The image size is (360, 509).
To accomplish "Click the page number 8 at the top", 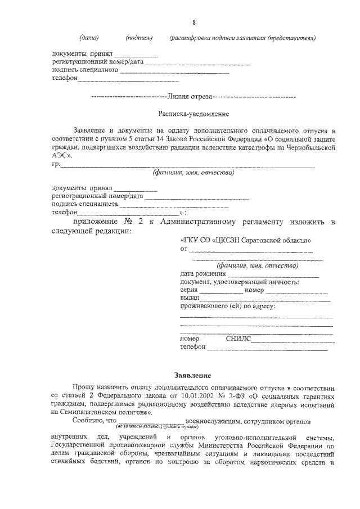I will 193,21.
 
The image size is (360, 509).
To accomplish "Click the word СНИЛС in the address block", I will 238,339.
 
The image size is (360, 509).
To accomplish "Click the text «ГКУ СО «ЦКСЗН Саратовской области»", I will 246,240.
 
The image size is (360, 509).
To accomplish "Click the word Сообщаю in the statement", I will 86,420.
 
